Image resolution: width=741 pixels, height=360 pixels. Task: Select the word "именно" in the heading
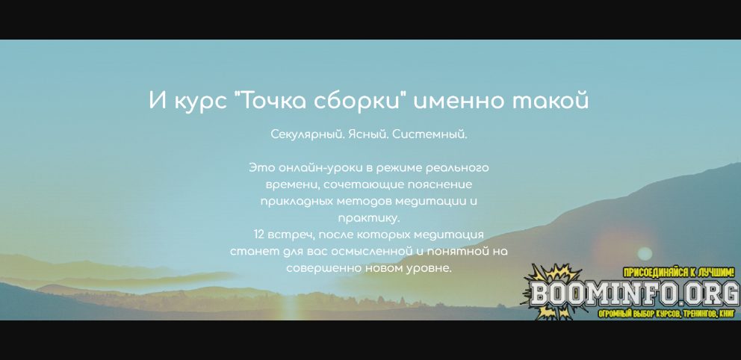(459, 100)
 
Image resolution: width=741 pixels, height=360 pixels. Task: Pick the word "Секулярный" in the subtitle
(308, 134)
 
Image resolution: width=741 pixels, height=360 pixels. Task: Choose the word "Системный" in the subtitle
(430, 134)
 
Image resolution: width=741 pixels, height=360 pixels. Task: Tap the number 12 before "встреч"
(259, 235)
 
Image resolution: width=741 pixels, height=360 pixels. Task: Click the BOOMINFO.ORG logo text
(635, 294)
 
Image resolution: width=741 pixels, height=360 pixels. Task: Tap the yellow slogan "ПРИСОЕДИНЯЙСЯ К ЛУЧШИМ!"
(679, 273)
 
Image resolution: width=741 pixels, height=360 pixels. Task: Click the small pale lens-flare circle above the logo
(645, 254)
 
